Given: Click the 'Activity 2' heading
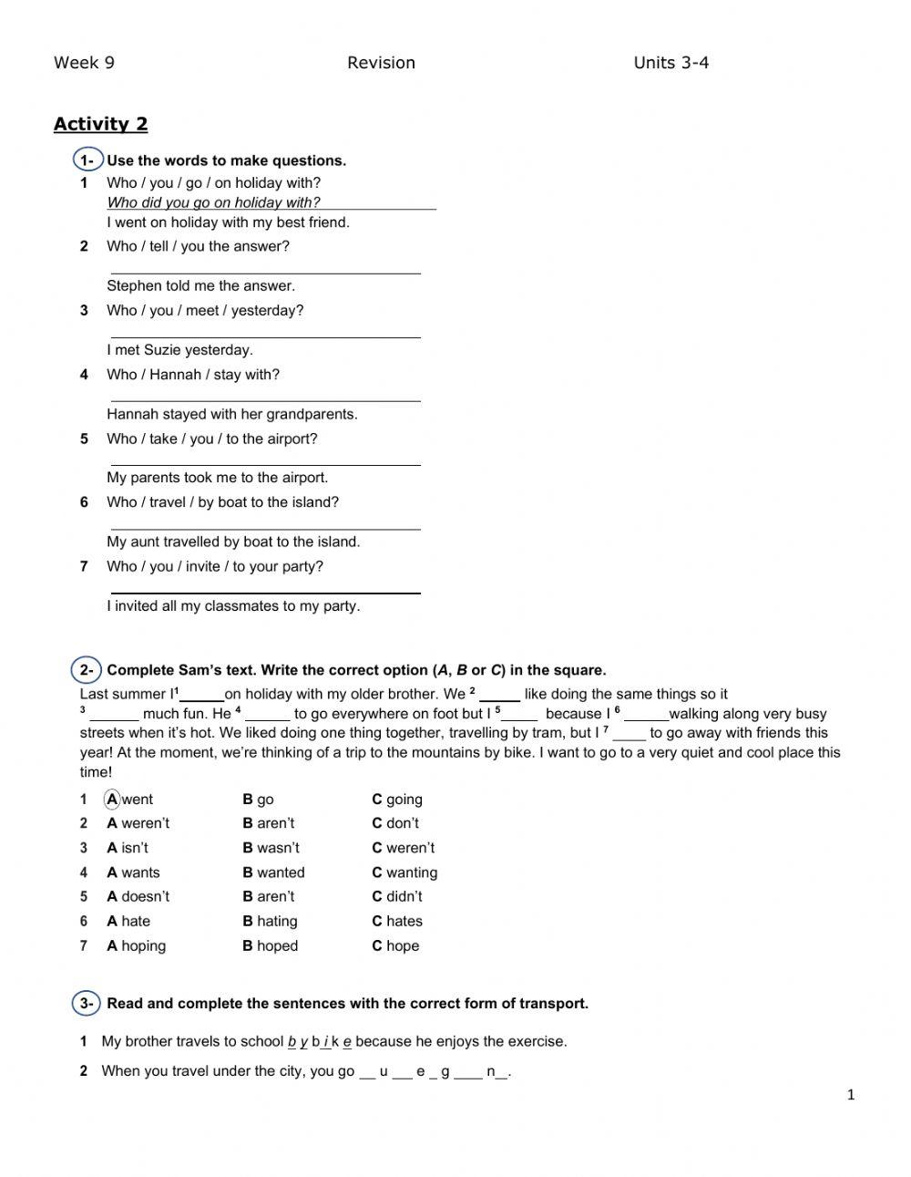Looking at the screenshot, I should [100, 124].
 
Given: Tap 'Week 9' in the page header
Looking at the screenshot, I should [84, 63].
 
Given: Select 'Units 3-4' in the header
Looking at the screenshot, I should [670, 63].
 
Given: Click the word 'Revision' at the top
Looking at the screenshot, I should [381, 63].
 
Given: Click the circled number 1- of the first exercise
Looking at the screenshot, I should [87, 160].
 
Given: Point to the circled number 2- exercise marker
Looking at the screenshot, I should [87, 670].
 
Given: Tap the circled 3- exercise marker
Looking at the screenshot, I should [87, 1004].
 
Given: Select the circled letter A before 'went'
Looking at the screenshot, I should [112, 800].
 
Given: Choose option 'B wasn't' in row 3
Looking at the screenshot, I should [271, 848].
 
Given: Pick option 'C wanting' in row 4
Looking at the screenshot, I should [404, 872].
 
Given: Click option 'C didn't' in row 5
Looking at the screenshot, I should [397, 896].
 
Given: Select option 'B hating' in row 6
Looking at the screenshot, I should [270, 921].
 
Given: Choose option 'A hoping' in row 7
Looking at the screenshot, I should [137, 945].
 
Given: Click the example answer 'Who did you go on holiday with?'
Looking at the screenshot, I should [213, 202].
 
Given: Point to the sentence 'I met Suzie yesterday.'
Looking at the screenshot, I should [179, 350].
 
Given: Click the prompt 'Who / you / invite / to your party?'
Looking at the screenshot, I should [214, 566].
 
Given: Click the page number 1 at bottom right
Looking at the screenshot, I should [851, 1095].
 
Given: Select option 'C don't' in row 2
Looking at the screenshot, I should [395, 823].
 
